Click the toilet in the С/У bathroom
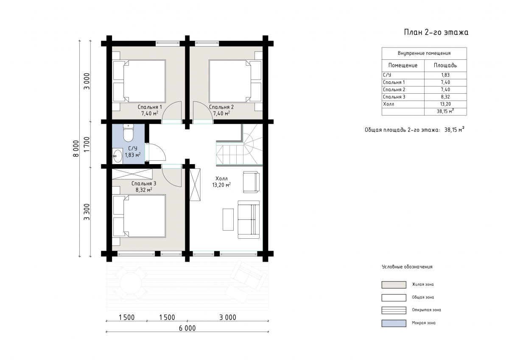128,132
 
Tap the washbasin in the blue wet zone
117,156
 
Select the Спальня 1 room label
150,107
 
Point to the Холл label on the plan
221,179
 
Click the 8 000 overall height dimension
76,148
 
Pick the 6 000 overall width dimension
187,328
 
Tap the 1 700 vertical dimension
87,145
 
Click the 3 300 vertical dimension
87,212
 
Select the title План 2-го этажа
436,32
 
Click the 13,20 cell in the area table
445,104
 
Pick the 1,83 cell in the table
445,75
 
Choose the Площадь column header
445,65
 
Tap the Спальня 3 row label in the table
394,97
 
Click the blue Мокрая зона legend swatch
394,323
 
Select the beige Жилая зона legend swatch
394,285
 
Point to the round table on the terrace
131,283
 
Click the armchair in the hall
251,182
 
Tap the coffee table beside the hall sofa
228,220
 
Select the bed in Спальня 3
139,216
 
